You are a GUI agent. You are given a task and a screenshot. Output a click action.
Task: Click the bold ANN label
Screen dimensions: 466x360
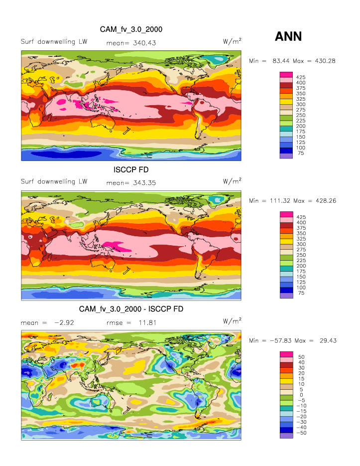pyautogui.click(x=288, y=36)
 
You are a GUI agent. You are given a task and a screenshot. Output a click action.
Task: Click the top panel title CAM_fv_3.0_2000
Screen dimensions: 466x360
pyautogui.click(x=131, y=29)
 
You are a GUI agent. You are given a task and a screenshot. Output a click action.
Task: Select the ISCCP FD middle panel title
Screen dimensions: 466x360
pyautogui.click(x=131, y=170)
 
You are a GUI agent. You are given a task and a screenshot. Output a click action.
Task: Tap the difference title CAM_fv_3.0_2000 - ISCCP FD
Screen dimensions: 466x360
pyautogui.click(x=131, y=310)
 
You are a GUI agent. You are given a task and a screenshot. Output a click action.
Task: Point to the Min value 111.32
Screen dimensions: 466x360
pyautogui.click(x=280, y=200)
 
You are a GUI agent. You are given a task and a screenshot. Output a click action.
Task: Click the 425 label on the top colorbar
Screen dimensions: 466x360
pyautogui.click(x=300, y=77)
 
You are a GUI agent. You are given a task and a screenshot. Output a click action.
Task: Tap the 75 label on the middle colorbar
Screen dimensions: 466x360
pyautogui.click(x=300, y=293)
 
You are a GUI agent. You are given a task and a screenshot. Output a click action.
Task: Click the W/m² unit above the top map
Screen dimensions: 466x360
pyautogui.click(x=232, y=42)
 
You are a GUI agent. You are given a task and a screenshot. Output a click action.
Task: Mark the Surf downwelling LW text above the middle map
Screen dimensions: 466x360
pyautogui.click(x=54, y=181)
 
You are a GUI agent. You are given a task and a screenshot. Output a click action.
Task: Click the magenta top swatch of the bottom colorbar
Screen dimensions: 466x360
pyautogui.click(x=286, y=354)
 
